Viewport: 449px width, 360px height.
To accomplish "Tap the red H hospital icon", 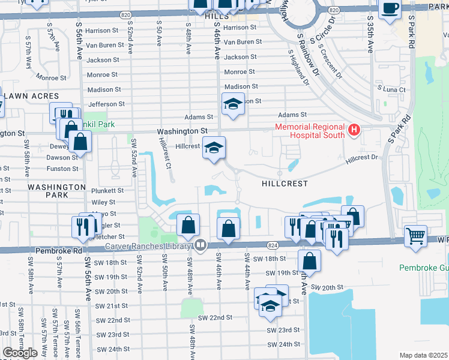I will [354, 129].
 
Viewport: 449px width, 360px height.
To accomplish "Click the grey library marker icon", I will [200, 245].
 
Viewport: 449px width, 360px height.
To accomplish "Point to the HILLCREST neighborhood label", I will [285, 183].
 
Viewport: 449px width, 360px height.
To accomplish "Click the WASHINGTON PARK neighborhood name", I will [56, 191].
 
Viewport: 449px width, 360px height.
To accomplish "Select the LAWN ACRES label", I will [31, 96].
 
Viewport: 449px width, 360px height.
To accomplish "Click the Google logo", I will [20, 353].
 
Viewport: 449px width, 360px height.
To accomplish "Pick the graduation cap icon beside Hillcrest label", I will [214, 148].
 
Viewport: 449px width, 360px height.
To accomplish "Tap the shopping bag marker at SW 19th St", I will [309, 260].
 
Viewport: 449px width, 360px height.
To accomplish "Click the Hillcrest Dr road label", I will [364, 158].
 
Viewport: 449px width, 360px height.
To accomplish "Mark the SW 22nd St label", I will [215, 317].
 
